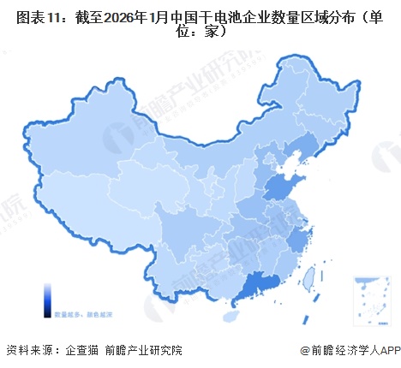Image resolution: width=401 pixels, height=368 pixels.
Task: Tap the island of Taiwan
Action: tap(309, 276)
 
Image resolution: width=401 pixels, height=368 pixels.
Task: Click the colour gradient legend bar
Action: tap(48, 300)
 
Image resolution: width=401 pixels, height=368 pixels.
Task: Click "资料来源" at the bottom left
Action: tap(28, 350)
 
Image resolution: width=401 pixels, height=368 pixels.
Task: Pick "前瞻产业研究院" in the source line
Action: tap(143, 350)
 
